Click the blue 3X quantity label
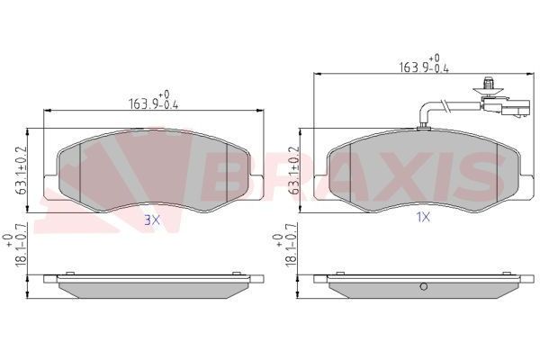click(152, 219)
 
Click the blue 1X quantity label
click(422, 217)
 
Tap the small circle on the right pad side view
click(421, 288)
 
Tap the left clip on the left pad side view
click(68, 274)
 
